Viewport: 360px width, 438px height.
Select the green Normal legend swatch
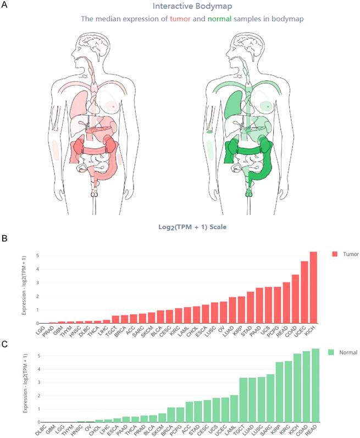[x=334, y=352]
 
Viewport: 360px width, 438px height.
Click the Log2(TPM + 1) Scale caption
[x=192, y=226]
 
